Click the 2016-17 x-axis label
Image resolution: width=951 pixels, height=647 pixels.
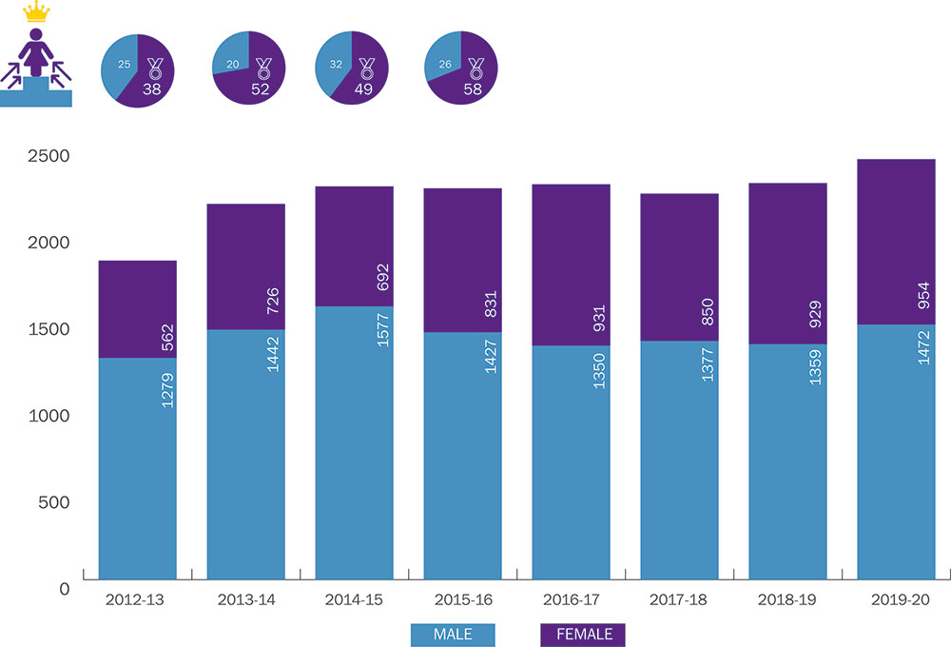tap(571, 601)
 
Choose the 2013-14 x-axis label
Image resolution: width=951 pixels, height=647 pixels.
tap(245, 601)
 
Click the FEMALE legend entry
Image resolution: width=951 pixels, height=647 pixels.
tap(583, 635)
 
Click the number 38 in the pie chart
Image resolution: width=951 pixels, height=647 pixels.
tap(152, 89)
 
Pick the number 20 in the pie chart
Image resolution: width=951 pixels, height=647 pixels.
tap(234, 67)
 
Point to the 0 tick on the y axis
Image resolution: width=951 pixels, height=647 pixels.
tap(63, 589)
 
